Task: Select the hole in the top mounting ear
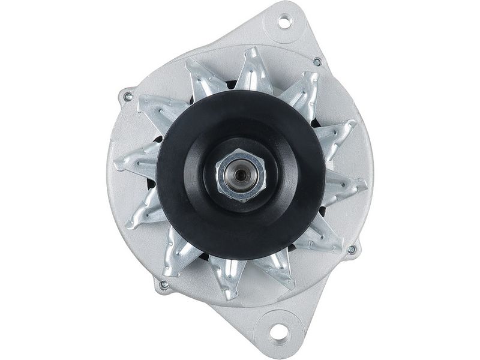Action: pos(285,22)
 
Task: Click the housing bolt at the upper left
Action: pos(127,95)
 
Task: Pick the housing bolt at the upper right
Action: pos(317,61)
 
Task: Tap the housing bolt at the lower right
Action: pos(352,249)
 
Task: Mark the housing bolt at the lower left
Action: pos(163,285)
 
